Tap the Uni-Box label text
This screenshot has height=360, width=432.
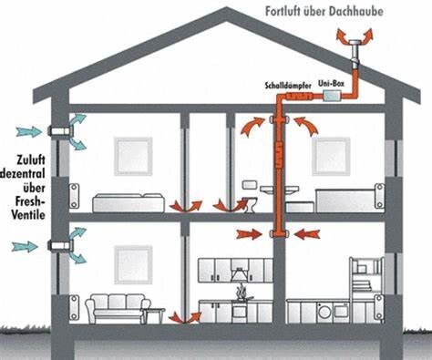[331, 83]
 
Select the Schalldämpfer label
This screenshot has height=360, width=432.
[288, 86]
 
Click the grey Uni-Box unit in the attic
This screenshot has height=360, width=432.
[332, 96]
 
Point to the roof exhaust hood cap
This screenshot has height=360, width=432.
[355, 42]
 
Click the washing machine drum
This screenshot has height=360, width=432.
[324, 312]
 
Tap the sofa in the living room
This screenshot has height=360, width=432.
[118, 308]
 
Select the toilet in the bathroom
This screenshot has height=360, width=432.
[251, 204]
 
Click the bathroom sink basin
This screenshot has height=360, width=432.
[279, 190]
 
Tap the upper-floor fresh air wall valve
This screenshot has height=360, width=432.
[60, 131]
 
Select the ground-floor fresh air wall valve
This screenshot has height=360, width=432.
[60, 245]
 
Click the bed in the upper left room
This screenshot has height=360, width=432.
[129, 202]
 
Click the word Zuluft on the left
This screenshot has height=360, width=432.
[31, 159]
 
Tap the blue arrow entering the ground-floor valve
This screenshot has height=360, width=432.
[25, 246]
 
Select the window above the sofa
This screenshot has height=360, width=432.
[133, 264]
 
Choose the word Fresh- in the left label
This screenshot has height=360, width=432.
[29, 201]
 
